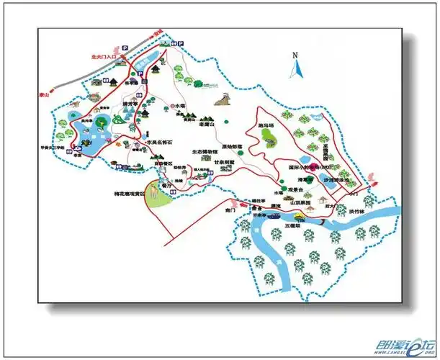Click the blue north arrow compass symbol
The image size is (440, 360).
(x=295, y=69)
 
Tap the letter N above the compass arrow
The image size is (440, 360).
(x=295, y=55)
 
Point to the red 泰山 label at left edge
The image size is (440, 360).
(x=45, y=94)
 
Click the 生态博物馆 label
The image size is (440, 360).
(x=205, y=152)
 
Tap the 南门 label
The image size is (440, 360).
(x=230, y=211)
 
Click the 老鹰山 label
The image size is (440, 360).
(x=208, y=124)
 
